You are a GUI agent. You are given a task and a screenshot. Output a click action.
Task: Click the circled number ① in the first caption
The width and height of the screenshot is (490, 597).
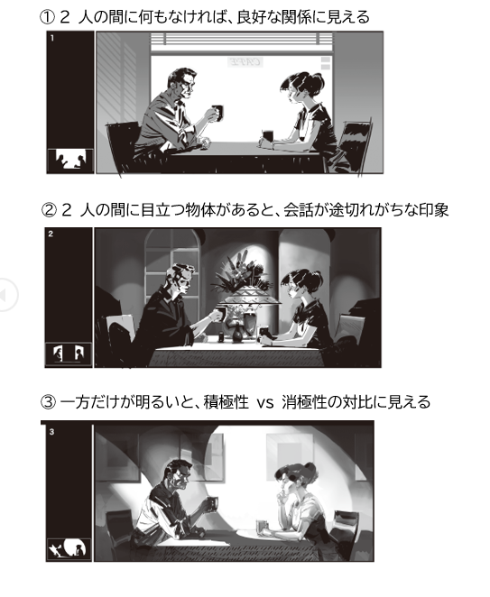[47, 18]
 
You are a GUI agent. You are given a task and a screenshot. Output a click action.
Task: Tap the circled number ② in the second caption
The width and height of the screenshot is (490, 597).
[48, 210]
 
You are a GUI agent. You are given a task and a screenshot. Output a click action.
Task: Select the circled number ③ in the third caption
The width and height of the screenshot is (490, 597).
[48, 402]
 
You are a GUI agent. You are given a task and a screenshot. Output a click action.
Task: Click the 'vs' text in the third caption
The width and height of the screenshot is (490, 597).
[264, 403]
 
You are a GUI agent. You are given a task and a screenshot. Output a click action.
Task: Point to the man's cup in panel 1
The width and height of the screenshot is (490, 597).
[217, 113]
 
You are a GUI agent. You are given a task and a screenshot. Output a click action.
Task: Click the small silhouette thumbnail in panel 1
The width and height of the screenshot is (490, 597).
[70, 161]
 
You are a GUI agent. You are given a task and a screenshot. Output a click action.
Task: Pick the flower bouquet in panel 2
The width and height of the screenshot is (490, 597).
[239, 271]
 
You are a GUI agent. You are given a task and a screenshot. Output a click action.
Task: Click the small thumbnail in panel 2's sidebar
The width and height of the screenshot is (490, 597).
[69, 354]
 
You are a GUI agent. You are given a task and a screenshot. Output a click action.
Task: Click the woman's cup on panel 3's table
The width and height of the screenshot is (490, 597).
[263, 527]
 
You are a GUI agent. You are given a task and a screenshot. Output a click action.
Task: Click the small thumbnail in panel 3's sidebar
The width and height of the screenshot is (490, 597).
[69, 549]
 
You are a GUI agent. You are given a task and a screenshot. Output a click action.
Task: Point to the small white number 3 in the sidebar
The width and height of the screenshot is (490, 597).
[51, 432]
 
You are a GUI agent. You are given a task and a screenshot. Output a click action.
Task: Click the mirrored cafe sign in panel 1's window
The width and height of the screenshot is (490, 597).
[245, 62]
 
